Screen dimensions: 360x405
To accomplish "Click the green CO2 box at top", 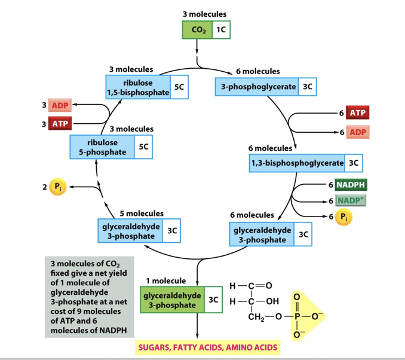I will [x=197, y=30].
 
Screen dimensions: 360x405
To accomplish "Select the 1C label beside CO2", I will [x=219, y=30].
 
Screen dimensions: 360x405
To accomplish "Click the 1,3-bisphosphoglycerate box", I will [x=297, y=163].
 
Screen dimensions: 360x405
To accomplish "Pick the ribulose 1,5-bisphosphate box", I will [x=138, y=87].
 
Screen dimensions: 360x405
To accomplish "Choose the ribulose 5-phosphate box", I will [x=102, y=147].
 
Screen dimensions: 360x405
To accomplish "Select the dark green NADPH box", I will [x=351, y=185].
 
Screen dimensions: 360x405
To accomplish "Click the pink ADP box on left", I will [x=60, y=106].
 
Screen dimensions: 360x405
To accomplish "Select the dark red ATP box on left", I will [x=60, y=124].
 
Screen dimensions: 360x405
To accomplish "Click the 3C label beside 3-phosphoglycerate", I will [x=307, y=87].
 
